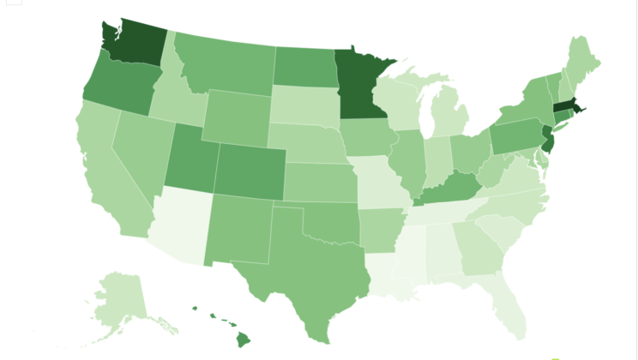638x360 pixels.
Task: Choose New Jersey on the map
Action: (547, 138)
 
